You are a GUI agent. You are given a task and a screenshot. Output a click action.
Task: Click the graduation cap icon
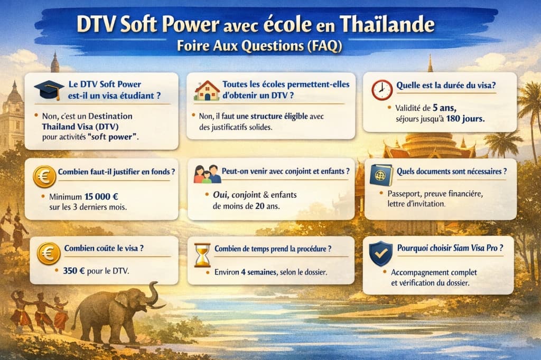pyautogui.click(x=49, y=90)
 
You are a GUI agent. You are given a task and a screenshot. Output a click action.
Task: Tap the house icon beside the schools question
pyautogui.click(x=207, y=90)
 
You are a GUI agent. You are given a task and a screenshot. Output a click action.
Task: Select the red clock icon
pyautogui.click(x=381, y=90)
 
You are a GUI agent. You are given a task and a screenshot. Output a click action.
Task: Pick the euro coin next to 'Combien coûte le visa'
pyautogui.click(x=49, y=253)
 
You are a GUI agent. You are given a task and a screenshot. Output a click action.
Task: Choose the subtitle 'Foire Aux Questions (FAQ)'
pyautogui.click(x=259, y=46)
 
